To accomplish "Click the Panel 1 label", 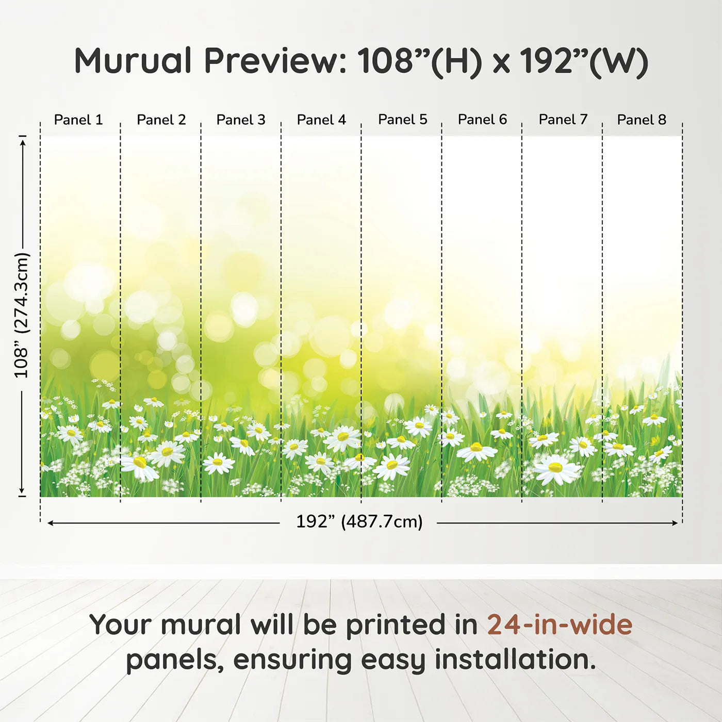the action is tap(78, 120).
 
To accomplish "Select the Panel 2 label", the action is tap(161, 120).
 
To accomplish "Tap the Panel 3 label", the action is tap(241, 120).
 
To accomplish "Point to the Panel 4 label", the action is tap(321, 120).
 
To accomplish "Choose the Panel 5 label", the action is tap(402, 119).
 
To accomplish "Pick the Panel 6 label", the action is tap(482, 119).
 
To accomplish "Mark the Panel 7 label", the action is tap(563, 119).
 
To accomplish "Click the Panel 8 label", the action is tap(642, 120).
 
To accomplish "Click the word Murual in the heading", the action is tap(133, 61).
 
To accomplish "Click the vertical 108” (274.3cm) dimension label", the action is tap(21, 315).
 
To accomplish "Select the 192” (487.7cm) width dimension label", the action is tap(359, 521).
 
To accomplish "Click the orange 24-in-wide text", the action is tap(560, 625).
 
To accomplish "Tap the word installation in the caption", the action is tap(515, 661).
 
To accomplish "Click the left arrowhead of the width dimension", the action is tap(50, 523).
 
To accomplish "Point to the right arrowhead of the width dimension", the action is tap(675, 523).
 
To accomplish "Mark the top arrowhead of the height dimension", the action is tap(23, 143).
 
